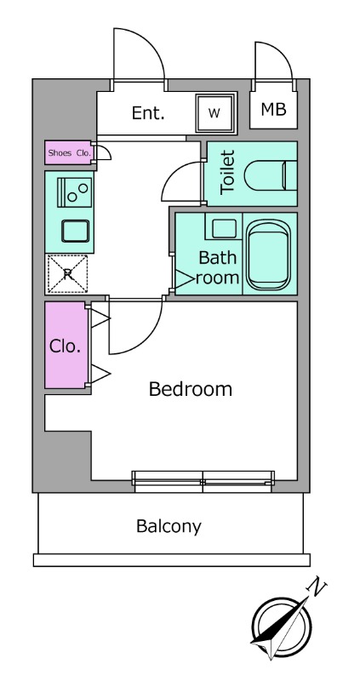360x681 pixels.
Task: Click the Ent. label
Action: pos(148,113)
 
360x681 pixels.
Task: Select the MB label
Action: pos(273,110)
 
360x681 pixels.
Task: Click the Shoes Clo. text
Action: pos(70,153)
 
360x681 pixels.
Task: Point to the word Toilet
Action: pos(227,173)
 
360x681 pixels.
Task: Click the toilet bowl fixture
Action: pos(270,175)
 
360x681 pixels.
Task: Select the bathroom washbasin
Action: pos(224,228)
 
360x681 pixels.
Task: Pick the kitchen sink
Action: pos(75,231)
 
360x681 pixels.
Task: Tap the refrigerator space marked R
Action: pos(67,273)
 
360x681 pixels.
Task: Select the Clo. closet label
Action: pos(66,346)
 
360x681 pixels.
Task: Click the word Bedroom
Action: pos(190,389)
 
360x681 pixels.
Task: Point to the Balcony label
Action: pos(169,527)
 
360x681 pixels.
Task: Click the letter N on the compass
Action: pos(317,587)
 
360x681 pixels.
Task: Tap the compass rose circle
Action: pos(282,627)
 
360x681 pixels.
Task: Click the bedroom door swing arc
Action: pos(147,337)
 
